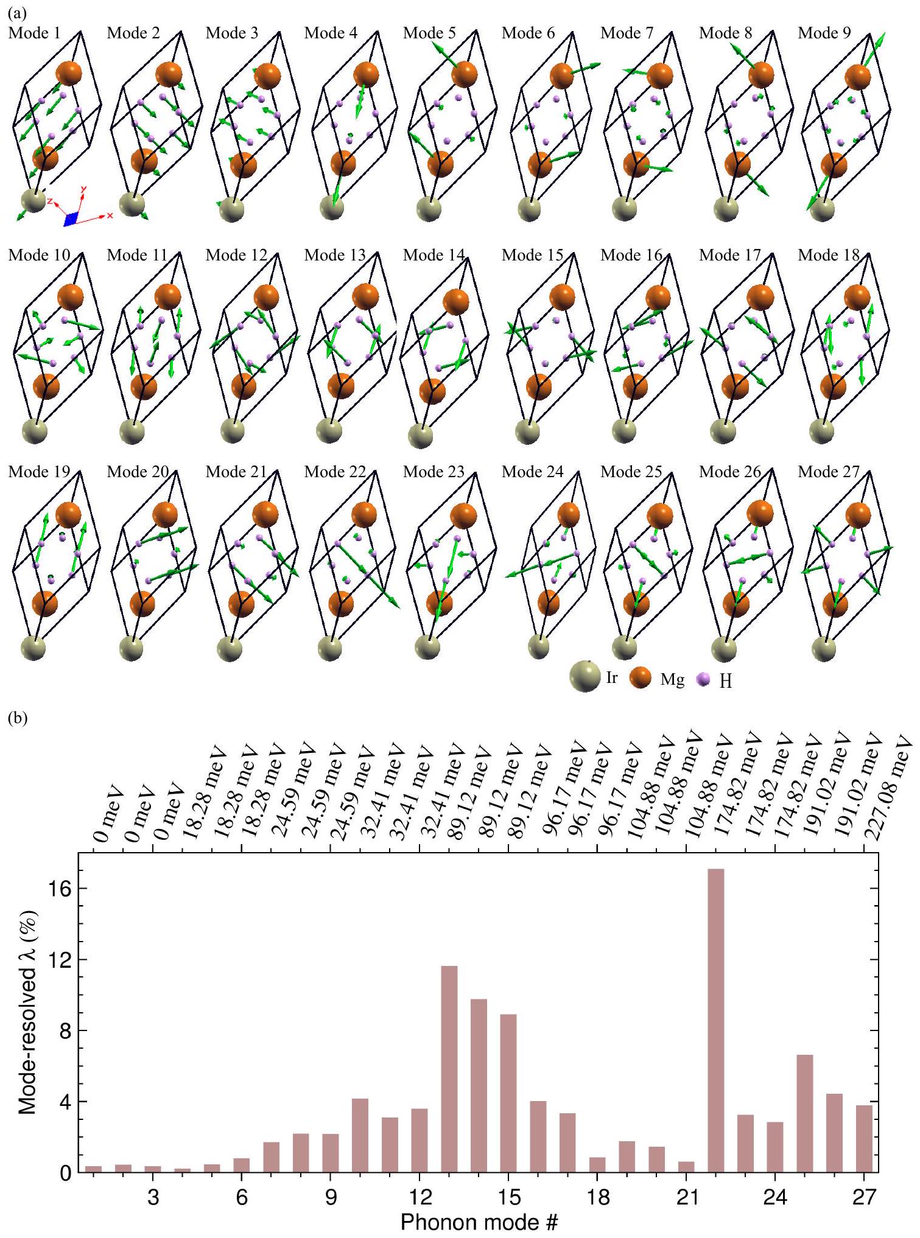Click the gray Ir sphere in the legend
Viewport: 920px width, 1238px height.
(x=584, y=677)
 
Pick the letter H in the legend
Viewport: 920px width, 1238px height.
(x=725, y=682)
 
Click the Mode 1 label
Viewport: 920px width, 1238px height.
(x=35, y=33)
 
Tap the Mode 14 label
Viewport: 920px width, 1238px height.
(x=434, y=256)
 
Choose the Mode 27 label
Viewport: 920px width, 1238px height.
(x=829, y=472)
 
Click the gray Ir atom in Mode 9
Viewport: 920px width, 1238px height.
(x=825, y=209)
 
